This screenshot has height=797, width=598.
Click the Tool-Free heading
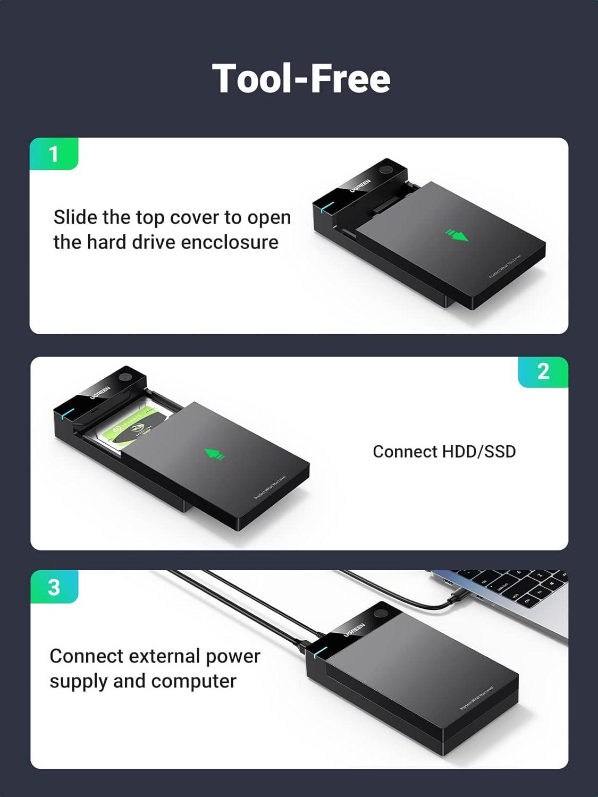tap(301, 79)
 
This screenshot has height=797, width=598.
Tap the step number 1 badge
tap(53, 154)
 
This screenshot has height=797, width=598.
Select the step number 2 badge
tap(543, 371)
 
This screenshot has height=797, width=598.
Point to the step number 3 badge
tap(54, 587)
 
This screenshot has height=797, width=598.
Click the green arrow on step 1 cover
tap(457, 234)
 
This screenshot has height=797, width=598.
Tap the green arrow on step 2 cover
tap(215, 454)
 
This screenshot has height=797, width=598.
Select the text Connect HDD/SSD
tap(444, 452)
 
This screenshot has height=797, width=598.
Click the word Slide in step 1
tap(75, 217)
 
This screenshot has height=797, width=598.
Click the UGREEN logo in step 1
tap(360, 185)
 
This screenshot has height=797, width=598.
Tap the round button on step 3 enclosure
tap(380, 614)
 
